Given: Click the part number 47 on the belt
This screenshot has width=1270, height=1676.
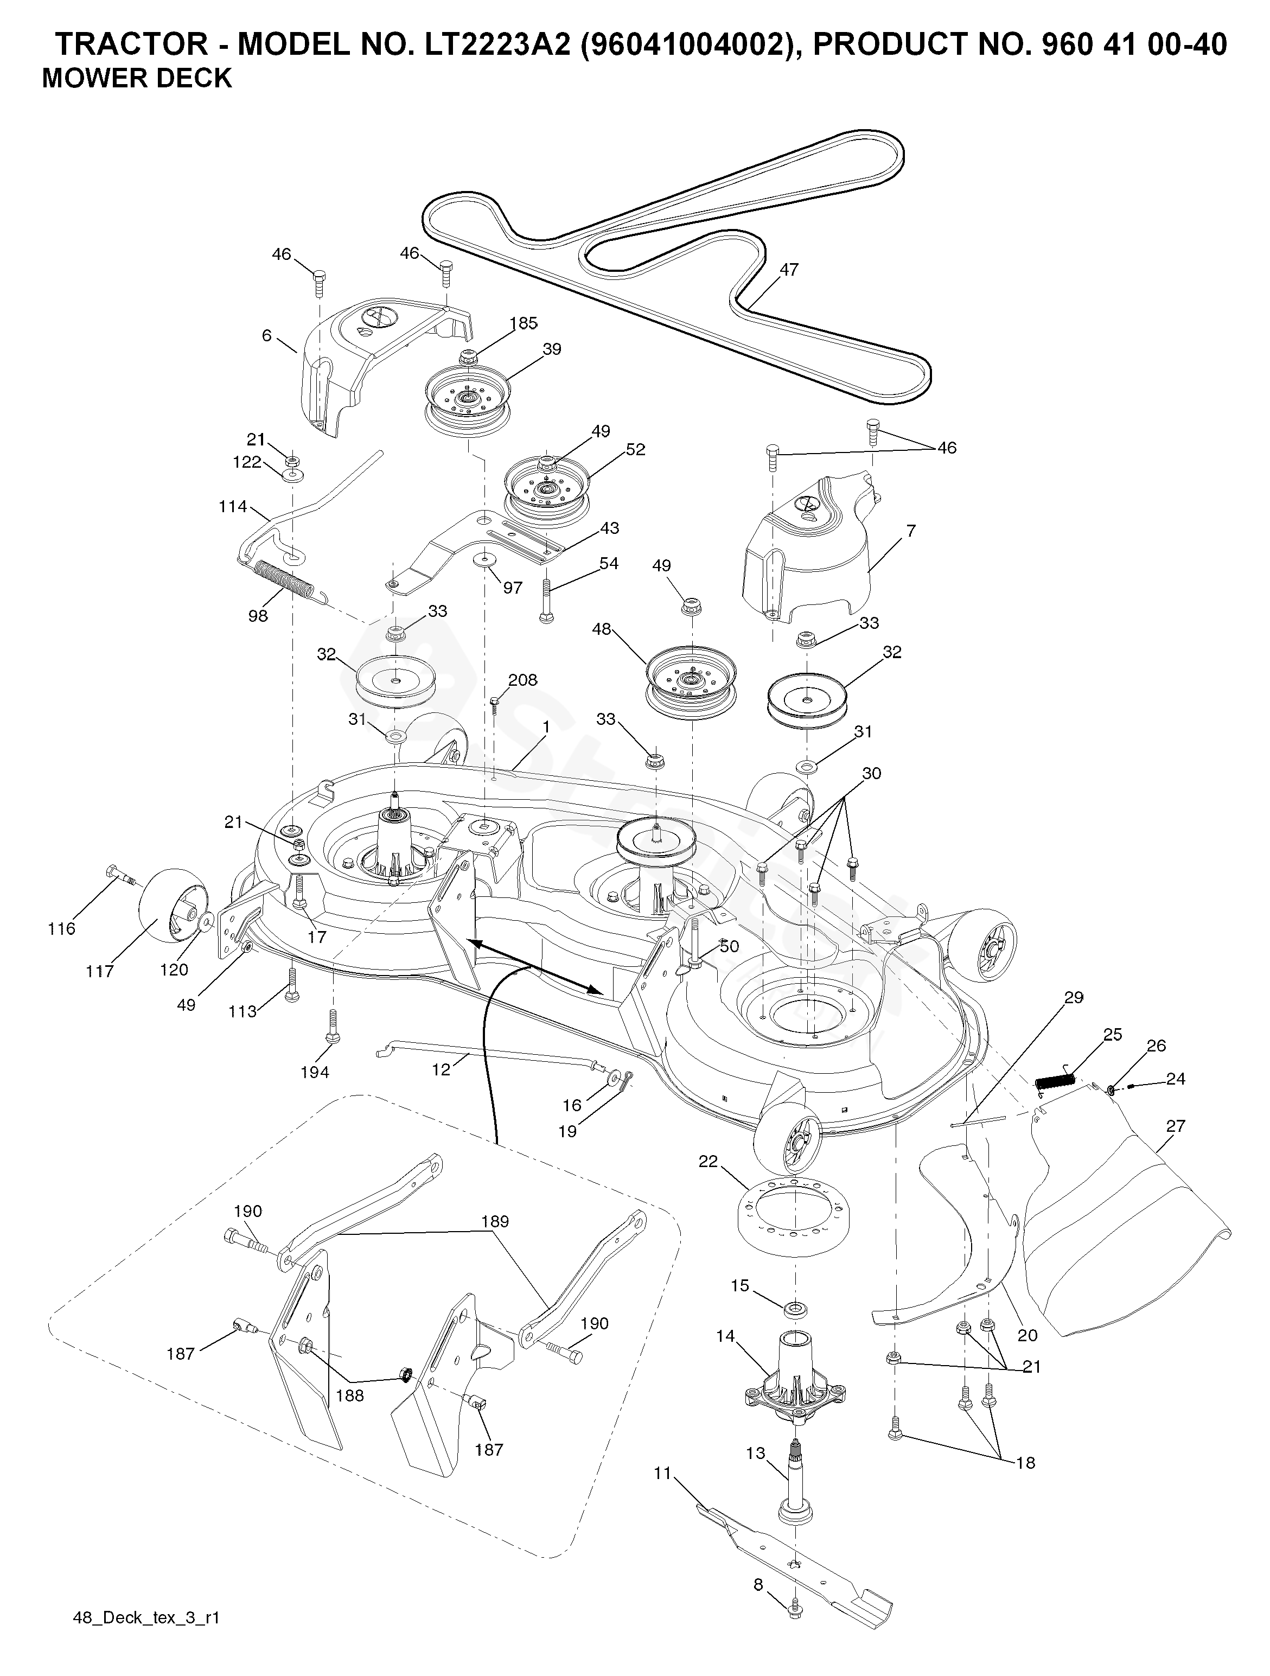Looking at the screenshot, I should [789, 270].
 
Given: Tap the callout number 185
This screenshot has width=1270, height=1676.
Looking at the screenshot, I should [523, 323].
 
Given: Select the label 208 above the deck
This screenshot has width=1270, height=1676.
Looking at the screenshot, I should [523, 680].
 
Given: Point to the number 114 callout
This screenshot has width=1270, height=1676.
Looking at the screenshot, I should [233, 506].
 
